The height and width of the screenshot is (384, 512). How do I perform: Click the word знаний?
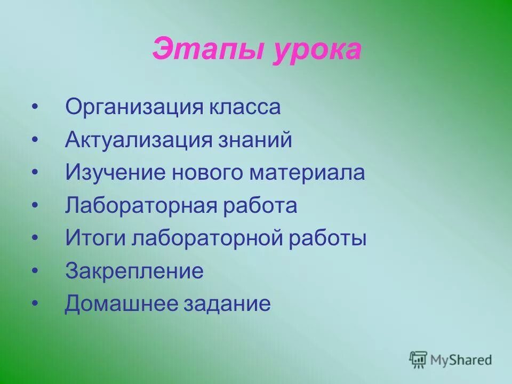click(x=254, y=141)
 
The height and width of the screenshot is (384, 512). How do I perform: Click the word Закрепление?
click(x=134, y=271)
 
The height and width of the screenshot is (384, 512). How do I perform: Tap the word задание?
click(x=227, y=305)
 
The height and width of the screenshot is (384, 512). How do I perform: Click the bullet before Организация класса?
click(x=35, y=108)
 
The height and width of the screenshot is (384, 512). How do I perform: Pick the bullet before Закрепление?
click(x=35, y=271)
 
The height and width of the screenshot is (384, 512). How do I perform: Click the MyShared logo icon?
click(x=418, y=359)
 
